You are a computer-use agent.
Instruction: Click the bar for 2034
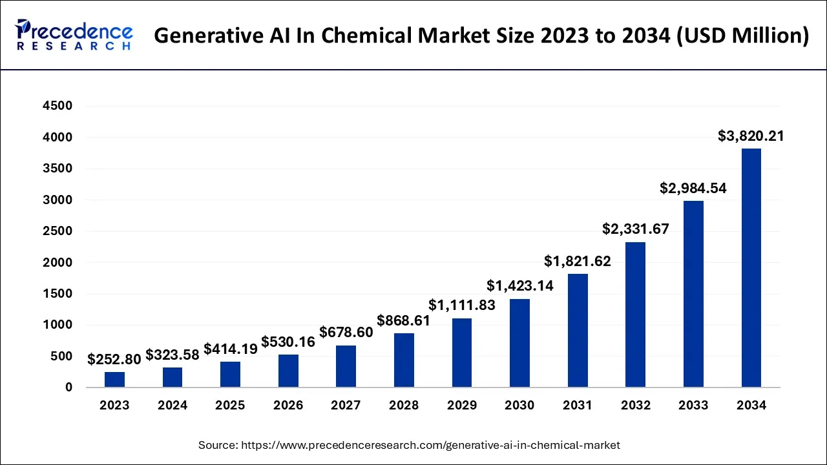(751, 268)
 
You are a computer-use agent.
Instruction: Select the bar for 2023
(114, 380)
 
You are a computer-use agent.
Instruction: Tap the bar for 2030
(519, 343)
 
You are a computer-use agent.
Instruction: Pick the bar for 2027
(346, 366)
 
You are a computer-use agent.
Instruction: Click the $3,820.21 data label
(751, 136)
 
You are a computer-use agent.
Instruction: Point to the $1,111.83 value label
(462, 305)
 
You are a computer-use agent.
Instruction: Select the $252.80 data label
(115, 359)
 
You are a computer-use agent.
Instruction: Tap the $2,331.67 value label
(635, 229)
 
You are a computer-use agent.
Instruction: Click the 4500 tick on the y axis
(58, 106)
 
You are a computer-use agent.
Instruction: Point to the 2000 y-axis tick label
(58, 263)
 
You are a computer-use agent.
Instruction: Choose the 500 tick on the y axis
(61, 356)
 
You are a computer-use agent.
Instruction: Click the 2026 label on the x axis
(288, 406)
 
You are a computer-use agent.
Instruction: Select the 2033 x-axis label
(693, 406)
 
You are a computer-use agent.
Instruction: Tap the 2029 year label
(462, 406)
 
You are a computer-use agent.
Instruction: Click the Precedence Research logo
(74, 36)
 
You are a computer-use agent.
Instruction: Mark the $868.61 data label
(404, 320)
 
